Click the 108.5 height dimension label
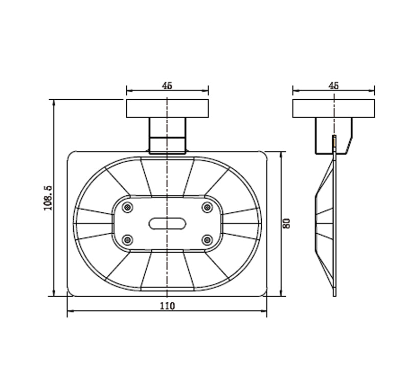[48, 197]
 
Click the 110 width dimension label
[167, 306]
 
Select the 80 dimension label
[287, 223]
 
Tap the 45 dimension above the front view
[167, 86]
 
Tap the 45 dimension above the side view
[333, 86]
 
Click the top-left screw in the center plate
[128, 207]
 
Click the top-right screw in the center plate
[207, 207]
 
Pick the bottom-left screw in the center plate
[128, 239]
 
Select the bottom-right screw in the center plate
[207, 239]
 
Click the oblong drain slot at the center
[167, 223]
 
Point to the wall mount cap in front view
[167, 108]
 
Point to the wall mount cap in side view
[333, 108]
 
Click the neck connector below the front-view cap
[167, 136]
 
